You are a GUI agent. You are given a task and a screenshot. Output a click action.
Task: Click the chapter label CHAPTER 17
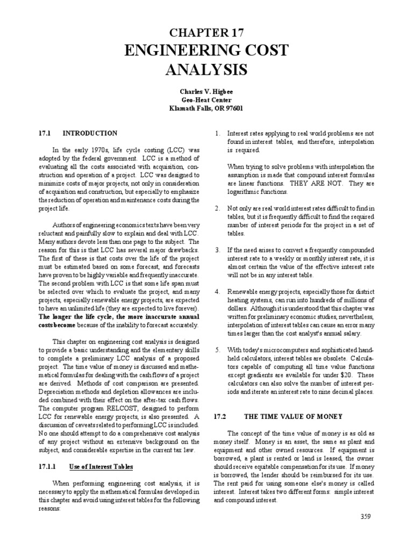pos(206,33)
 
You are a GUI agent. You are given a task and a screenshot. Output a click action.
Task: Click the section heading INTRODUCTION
pos(90,133)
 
